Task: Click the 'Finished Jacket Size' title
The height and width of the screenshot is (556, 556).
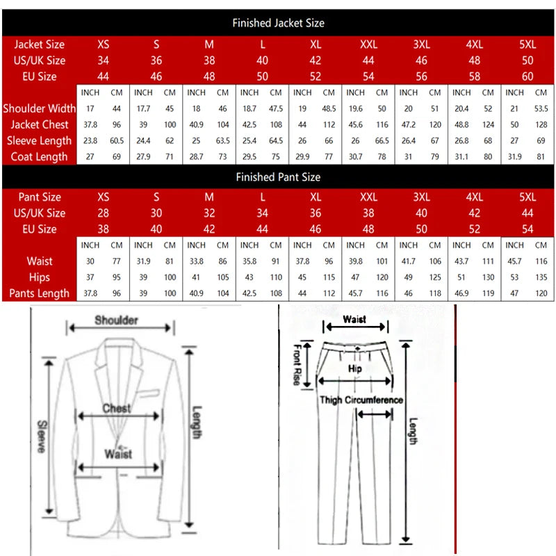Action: coord(278,23)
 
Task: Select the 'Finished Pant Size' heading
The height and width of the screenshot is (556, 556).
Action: coord(278,177)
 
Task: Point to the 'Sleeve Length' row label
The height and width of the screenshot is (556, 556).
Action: coord(40,140)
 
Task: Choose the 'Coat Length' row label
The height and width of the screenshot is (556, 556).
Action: coord(40,156)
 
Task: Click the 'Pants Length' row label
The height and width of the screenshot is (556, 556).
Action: coord(39,293)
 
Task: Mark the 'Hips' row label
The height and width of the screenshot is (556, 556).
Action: coord(40,277)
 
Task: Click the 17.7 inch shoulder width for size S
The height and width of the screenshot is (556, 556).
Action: coord(143,108)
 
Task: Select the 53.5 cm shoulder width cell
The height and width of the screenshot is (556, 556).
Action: coord(541,108)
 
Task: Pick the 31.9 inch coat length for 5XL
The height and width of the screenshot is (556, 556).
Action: coord(514,156)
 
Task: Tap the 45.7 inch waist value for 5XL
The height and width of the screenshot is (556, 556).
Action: coord(514,261)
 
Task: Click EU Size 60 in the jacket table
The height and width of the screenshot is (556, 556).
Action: coord(528,76)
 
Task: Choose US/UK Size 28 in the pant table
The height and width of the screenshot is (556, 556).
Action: coord(104,213)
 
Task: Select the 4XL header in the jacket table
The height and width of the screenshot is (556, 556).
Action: coord(475,44)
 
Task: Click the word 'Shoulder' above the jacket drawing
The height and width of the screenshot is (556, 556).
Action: coord(116,320)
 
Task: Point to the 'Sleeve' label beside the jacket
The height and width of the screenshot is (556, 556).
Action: coord(42,436)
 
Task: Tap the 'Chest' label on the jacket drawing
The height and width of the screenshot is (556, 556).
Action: coord(116,409)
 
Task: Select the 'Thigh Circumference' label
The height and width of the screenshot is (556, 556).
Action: coord(361,400)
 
